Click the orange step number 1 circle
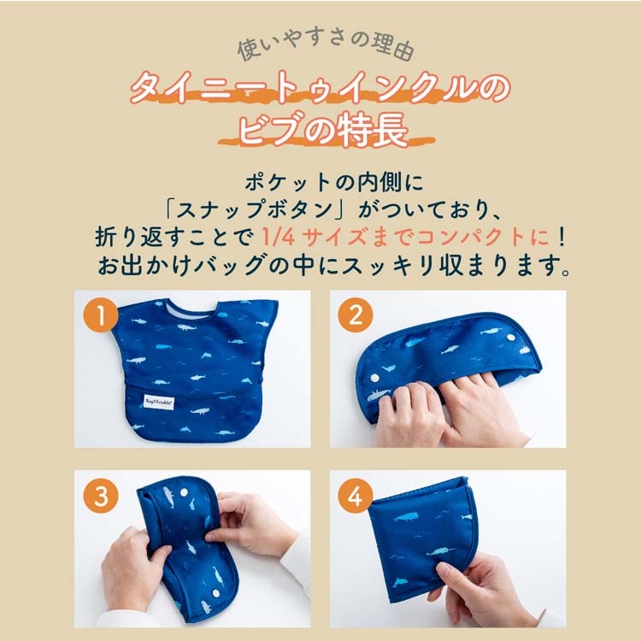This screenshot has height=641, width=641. pyautogui.click(x=101, y=315)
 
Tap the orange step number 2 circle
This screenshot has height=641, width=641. pyautogui.click(x=356, y=315)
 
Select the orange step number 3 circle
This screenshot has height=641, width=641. pyautogui.click(x=101, y=496)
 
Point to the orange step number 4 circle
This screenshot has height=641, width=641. pyautogui.click(x=356, y=496)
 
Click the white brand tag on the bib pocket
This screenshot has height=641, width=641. pyautogui.click(x=159, y=403)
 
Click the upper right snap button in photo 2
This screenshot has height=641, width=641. pyautogui.click(x=510, y=338)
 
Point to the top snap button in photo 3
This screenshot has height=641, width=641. pyautogui.click(x=184, y=492)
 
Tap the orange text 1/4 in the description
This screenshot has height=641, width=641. pyautogui.click(x=278, y=237)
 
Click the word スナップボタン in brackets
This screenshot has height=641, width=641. pyautogui.click(x=255, y=209)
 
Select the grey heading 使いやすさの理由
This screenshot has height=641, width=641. pyautogui.click(x=326, y=47)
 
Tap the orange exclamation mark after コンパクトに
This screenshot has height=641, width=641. pyautogui.click(x=562, y=237)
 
